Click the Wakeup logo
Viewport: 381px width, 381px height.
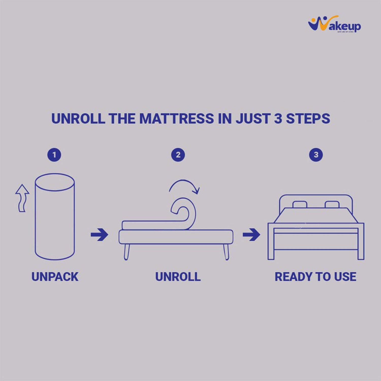[x=334, y=24]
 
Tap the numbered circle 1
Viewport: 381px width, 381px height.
[x=54, y=155]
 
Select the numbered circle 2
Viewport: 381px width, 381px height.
[x=178, y=155]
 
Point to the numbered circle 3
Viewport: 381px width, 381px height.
[x=316, y=155]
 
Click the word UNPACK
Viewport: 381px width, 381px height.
[x=55, y=277]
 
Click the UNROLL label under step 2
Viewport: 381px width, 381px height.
[x=178, y=277]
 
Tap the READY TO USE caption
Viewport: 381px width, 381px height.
[x=315, y=277]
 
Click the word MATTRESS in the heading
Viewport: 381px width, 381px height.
[x=177, y=119]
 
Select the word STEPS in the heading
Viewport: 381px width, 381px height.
[x=308, y=119]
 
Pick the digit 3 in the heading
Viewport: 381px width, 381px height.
[x=278, y=119]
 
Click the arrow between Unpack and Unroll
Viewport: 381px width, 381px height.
[x=99, y=234]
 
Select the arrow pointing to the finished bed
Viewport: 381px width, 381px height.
[x=251, y=234]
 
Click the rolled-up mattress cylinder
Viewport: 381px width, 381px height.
[x=55, y=217]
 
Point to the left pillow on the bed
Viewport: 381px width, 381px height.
[x=300, y=204]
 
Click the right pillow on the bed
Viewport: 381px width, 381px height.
[x=332, y=204]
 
